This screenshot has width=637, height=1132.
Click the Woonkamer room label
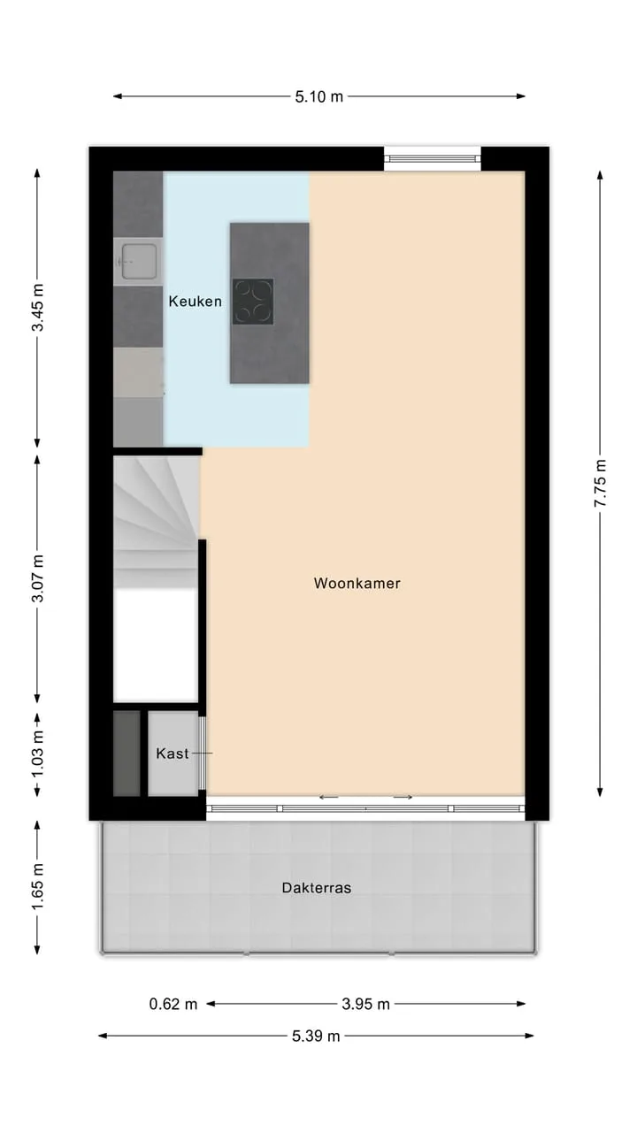(357, 583)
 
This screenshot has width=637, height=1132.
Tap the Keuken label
(196, 302)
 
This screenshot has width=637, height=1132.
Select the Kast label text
(173, 753)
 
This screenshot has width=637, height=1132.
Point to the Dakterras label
(317, 888)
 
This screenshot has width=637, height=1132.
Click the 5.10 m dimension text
(319, 96)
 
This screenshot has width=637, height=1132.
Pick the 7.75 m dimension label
(600, 483)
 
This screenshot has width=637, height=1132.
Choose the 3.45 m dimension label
(37, 307)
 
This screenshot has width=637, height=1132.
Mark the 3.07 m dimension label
(37, 578)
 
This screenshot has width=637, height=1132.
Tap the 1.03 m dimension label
(37, 755)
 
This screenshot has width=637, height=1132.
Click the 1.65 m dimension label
(37, 886)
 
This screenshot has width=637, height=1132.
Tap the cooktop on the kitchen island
(253, 302)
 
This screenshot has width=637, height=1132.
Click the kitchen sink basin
(139, 261)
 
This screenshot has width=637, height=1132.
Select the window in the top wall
(433, 158)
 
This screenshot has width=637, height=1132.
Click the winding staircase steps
(155, 522)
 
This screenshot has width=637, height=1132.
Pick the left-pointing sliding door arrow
(328, 798)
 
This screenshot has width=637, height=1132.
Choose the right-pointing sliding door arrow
(403, 798)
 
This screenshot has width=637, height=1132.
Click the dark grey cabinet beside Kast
(127, 753)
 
